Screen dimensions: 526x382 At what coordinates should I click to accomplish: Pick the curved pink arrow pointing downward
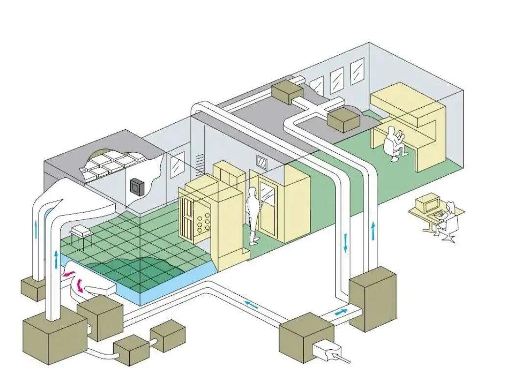click(78, 285)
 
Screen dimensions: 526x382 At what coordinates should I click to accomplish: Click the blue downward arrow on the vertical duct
click(345, 243)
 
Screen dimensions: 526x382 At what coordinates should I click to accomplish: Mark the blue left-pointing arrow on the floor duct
click(251, 305)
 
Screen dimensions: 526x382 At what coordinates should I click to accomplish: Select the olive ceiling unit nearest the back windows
click(286, 91)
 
